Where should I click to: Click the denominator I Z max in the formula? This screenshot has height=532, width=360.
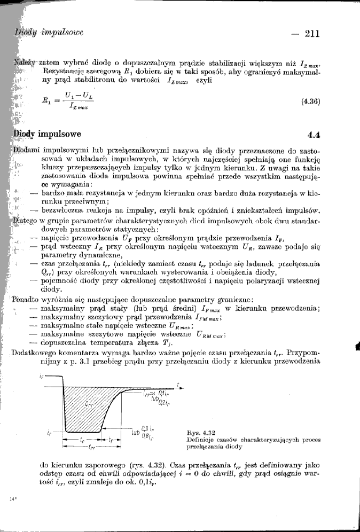pyautogui.click(x=76, y=107)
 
